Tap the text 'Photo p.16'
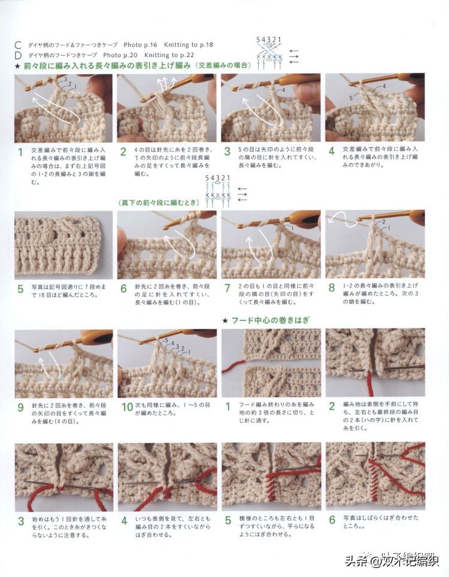pos(141,45)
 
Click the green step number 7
pos(227,288)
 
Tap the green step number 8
pos(331,288)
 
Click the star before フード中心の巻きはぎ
pos(225,321)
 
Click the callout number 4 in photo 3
pos(283,90)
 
